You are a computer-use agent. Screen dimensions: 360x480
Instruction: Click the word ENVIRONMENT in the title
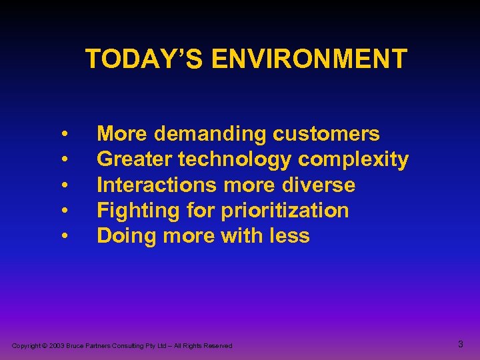[x=309, y=59]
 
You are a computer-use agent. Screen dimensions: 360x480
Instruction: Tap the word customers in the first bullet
[x=326, y=134]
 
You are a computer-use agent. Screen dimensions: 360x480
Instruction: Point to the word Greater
[x=129, y=159]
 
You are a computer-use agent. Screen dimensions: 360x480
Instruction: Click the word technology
[x=229, y=160]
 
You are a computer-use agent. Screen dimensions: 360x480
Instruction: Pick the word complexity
[x=353, y=160]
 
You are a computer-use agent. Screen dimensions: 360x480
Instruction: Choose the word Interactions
[x=157, y=185]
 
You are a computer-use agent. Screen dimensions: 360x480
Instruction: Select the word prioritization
[x=285, y=211]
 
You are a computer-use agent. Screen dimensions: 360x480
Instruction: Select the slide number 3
[x=461, y=345]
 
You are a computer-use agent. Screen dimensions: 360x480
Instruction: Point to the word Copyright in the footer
[x=26, y=346]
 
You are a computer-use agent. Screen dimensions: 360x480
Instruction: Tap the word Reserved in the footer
[x=218, y=346]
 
